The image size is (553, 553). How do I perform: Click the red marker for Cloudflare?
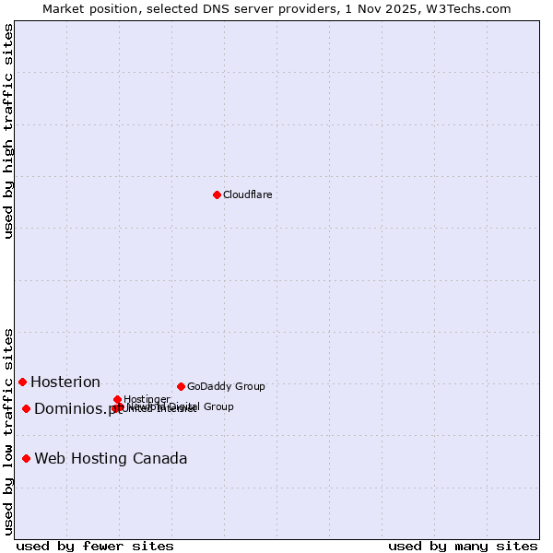pos(217,194)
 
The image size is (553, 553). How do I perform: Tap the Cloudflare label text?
pos(247,194)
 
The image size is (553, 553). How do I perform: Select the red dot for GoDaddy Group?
pos(181,386)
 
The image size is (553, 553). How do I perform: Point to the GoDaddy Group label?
pos(226,386)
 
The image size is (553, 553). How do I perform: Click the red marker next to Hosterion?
pos(22,382)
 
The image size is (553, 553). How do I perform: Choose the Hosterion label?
pos(65,382)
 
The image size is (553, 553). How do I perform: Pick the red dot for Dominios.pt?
pos(27,408)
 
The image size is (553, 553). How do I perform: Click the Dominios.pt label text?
pos(77,408)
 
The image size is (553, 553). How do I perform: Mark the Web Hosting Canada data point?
pos(27,458)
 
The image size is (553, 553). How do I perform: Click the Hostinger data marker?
pos(117,399)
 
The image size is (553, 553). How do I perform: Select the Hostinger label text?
pos(147,399)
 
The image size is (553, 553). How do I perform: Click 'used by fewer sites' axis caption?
pos(95,546)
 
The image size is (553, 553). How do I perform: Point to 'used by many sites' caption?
pos(463,546)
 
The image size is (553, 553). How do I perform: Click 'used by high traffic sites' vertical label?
pos(8,132)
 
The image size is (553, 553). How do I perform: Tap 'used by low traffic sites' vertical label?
pos(8,431)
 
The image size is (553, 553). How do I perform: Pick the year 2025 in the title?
pos(412,8)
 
